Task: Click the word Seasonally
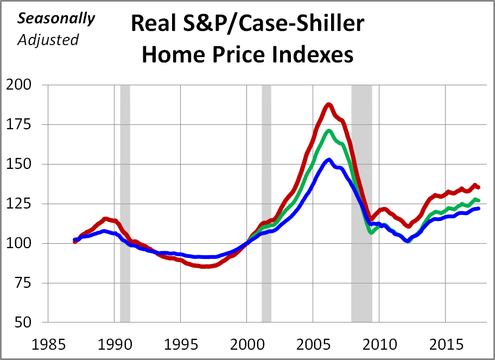(x=56, y=18)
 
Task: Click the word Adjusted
(x=48, y=40)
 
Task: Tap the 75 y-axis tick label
(x=26, y=283)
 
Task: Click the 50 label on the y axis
(x=26, y=323)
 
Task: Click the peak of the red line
(x=329, y=104)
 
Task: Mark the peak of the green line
(x=329, y=131)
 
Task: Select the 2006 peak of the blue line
(x=329, y=160)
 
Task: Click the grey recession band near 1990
(x=125, y=204)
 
